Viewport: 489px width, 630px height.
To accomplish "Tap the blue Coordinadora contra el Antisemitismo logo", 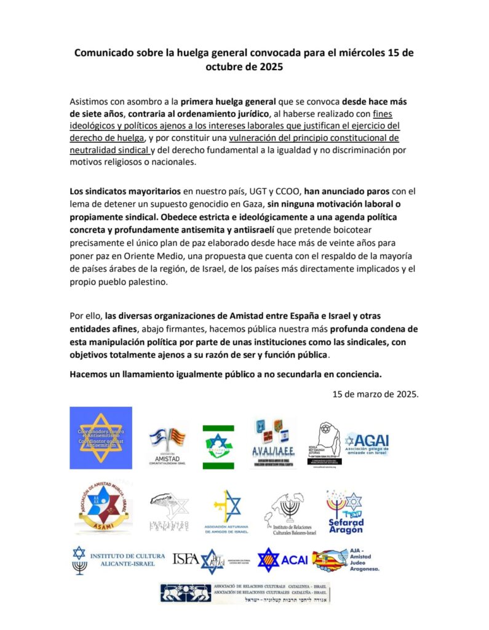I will tap(100, 437).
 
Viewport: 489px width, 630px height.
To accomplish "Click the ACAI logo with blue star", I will tap(280, 560).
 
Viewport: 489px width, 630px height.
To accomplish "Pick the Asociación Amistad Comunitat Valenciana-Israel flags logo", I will tap(167, 444).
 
